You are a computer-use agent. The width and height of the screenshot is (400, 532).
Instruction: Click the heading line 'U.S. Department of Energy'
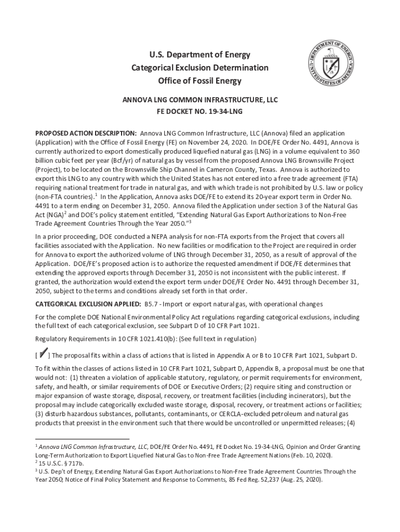(x=200, y=55)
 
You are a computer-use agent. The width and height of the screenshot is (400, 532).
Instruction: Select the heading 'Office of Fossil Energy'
(x=200, y=81)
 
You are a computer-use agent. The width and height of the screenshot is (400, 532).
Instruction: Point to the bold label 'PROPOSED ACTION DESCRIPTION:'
(x=86, y=134)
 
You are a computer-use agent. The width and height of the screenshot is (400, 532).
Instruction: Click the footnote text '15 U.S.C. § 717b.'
(x=61, y=462)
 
